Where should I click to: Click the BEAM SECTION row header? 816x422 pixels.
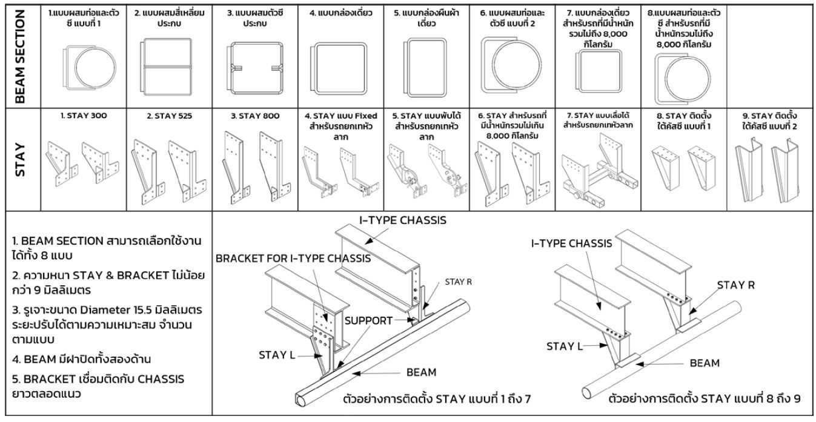coord(19,54)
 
